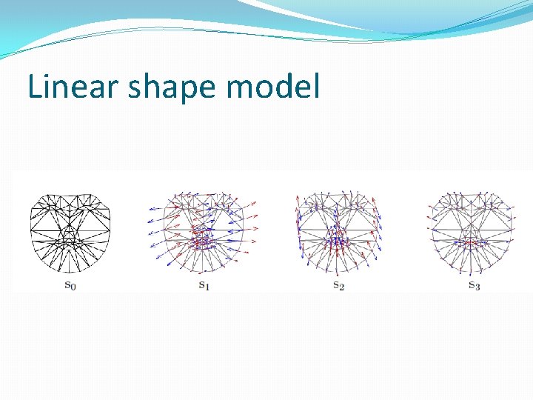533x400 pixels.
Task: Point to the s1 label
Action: point(204,285)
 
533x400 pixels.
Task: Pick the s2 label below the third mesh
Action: point(338,285)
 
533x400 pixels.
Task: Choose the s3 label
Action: point(474,285)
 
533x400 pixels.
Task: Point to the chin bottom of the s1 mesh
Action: point(203,271)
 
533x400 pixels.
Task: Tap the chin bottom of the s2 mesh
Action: point(338,271)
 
